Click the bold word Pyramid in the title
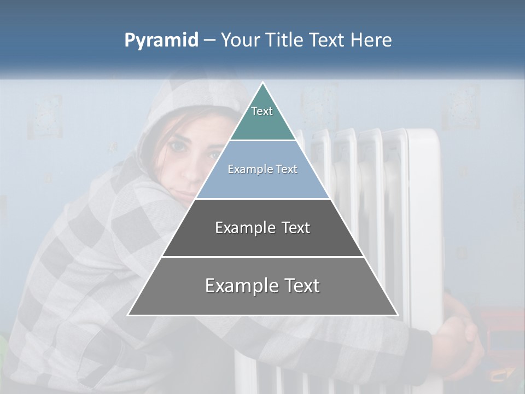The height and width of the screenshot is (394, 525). coord(161,40)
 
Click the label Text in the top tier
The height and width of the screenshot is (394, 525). coord(262,111)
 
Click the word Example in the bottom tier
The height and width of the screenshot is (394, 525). coord(241,286)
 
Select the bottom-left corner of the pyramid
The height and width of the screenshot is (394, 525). coord(129,315)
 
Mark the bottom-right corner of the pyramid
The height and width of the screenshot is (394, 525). coord(396,315)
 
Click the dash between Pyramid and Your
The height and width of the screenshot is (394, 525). coord(209,40)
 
